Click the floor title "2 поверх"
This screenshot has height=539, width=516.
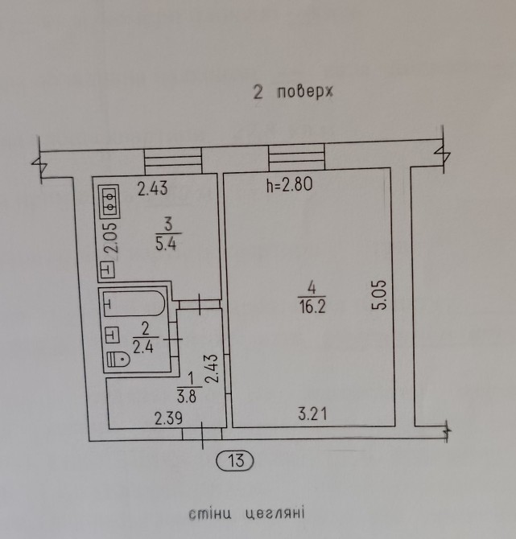click(293, 93)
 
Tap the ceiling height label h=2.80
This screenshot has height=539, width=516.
click(289, 184)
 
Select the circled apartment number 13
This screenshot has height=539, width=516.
click(235, 460)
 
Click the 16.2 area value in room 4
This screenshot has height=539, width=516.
click(312, 306)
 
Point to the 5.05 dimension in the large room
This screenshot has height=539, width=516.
click(380, 295)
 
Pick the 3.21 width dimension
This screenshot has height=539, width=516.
click(312, 414)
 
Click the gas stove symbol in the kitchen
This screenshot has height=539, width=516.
click(109, 201)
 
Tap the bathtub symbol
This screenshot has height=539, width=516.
click(134, 303)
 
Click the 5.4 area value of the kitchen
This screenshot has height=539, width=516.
click(166, 244)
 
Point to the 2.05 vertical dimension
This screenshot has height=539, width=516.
click(112, 238)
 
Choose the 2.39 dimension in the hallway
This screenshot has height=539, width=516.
click(168, 418)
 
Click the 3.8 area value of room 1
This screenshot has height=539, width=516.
click(187, 397)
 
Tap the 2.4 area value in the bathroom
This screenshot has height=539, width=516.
click(143, 348)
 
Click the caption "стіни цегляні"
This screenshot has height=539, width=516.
click(246, 513)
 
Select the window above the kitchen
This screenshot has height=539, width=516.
click(173, 161)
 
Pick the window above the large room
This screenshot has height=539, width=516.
click(296, 157)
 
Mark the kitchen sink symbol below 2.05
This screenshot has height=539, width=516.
click(108, 269)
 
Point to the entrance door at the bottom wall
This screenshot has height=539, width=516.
click(202, 434)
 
